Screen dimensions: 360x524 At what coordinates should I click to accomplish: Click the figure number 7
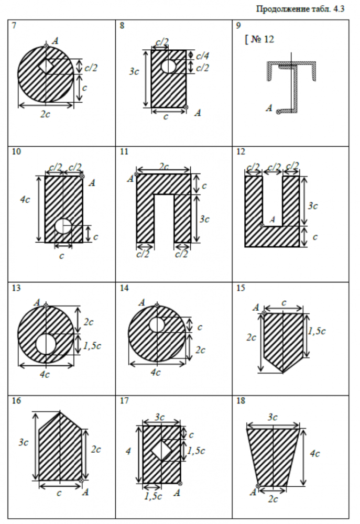(14, 25)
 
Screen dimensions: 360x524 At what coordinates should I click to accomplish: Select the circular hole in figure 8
(168, 67)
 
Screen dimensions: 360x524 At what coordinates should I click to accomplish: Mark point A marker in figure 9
(278, 111)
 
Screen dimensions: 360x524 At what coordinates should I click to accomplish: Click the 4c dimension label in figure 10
(24, 199)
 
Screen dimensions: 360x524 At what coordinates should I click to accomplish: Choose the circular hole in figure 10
(63, 226)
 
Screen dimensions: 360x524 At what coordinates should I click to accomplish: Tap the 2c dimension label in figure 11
(163, 166)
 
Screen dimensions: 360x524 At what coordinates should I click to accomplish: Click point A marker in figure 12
(261, 225)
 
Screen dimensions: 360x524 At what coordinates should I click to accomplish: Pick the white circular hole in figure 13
(46, 344)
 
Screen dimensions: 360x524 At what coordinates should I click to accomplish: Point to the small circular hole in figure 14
(157, 325)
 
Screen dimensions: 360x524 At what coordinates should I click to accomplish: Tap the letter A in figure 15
(255, 307)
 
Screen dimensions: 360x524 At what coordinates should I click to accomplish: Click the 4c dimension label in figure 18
(314, 454)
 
